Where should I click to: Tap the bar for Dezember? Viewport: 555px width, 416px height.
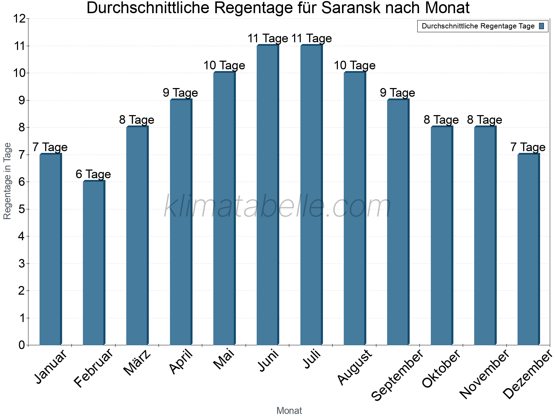click(x=528, y=249)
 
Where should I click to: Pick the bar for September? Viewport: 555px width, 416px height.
click(x=398, y=222)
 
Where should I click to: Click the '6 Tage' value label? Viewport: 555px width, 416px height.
click(x=93, y=174)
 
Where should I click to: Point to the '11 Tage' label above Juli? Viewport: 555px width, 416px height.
click(x=311, y=38)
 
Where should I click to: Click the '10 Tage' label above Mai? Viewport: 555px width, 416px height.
click(x=224, y=66)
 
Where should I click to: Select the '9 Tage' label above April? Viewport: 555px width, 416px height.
click(x=180, y=93)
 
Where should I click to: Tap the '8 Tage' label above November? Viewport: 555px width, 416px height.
click(x=485, y=120)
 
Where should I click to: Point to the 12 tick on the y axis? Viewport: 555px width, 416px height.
click(x=20, y=19)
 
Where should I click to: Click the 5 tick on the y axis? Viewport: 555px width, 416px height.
click(x=22, y=209)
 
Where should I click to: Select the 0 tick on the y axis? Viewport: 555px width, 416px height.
click(x=22, y=345)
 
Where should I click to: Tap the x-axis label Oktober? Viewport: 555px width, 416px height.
click(x=441, y=369)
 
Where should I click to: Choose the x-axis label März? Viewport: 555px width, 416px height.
click(x=137, y=362)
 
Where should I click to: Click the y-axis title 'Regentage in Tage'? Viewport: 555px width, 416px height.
click(x=8, y=181)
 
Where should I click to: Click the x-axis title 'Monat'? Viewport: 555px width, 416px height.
click(x=289, y=410)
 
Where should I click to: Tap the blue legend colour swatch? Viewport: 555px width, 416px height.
click(x=541, y=26)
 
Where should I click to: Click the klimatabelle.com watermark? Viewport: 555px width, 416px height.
click(x=277, y=207)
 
